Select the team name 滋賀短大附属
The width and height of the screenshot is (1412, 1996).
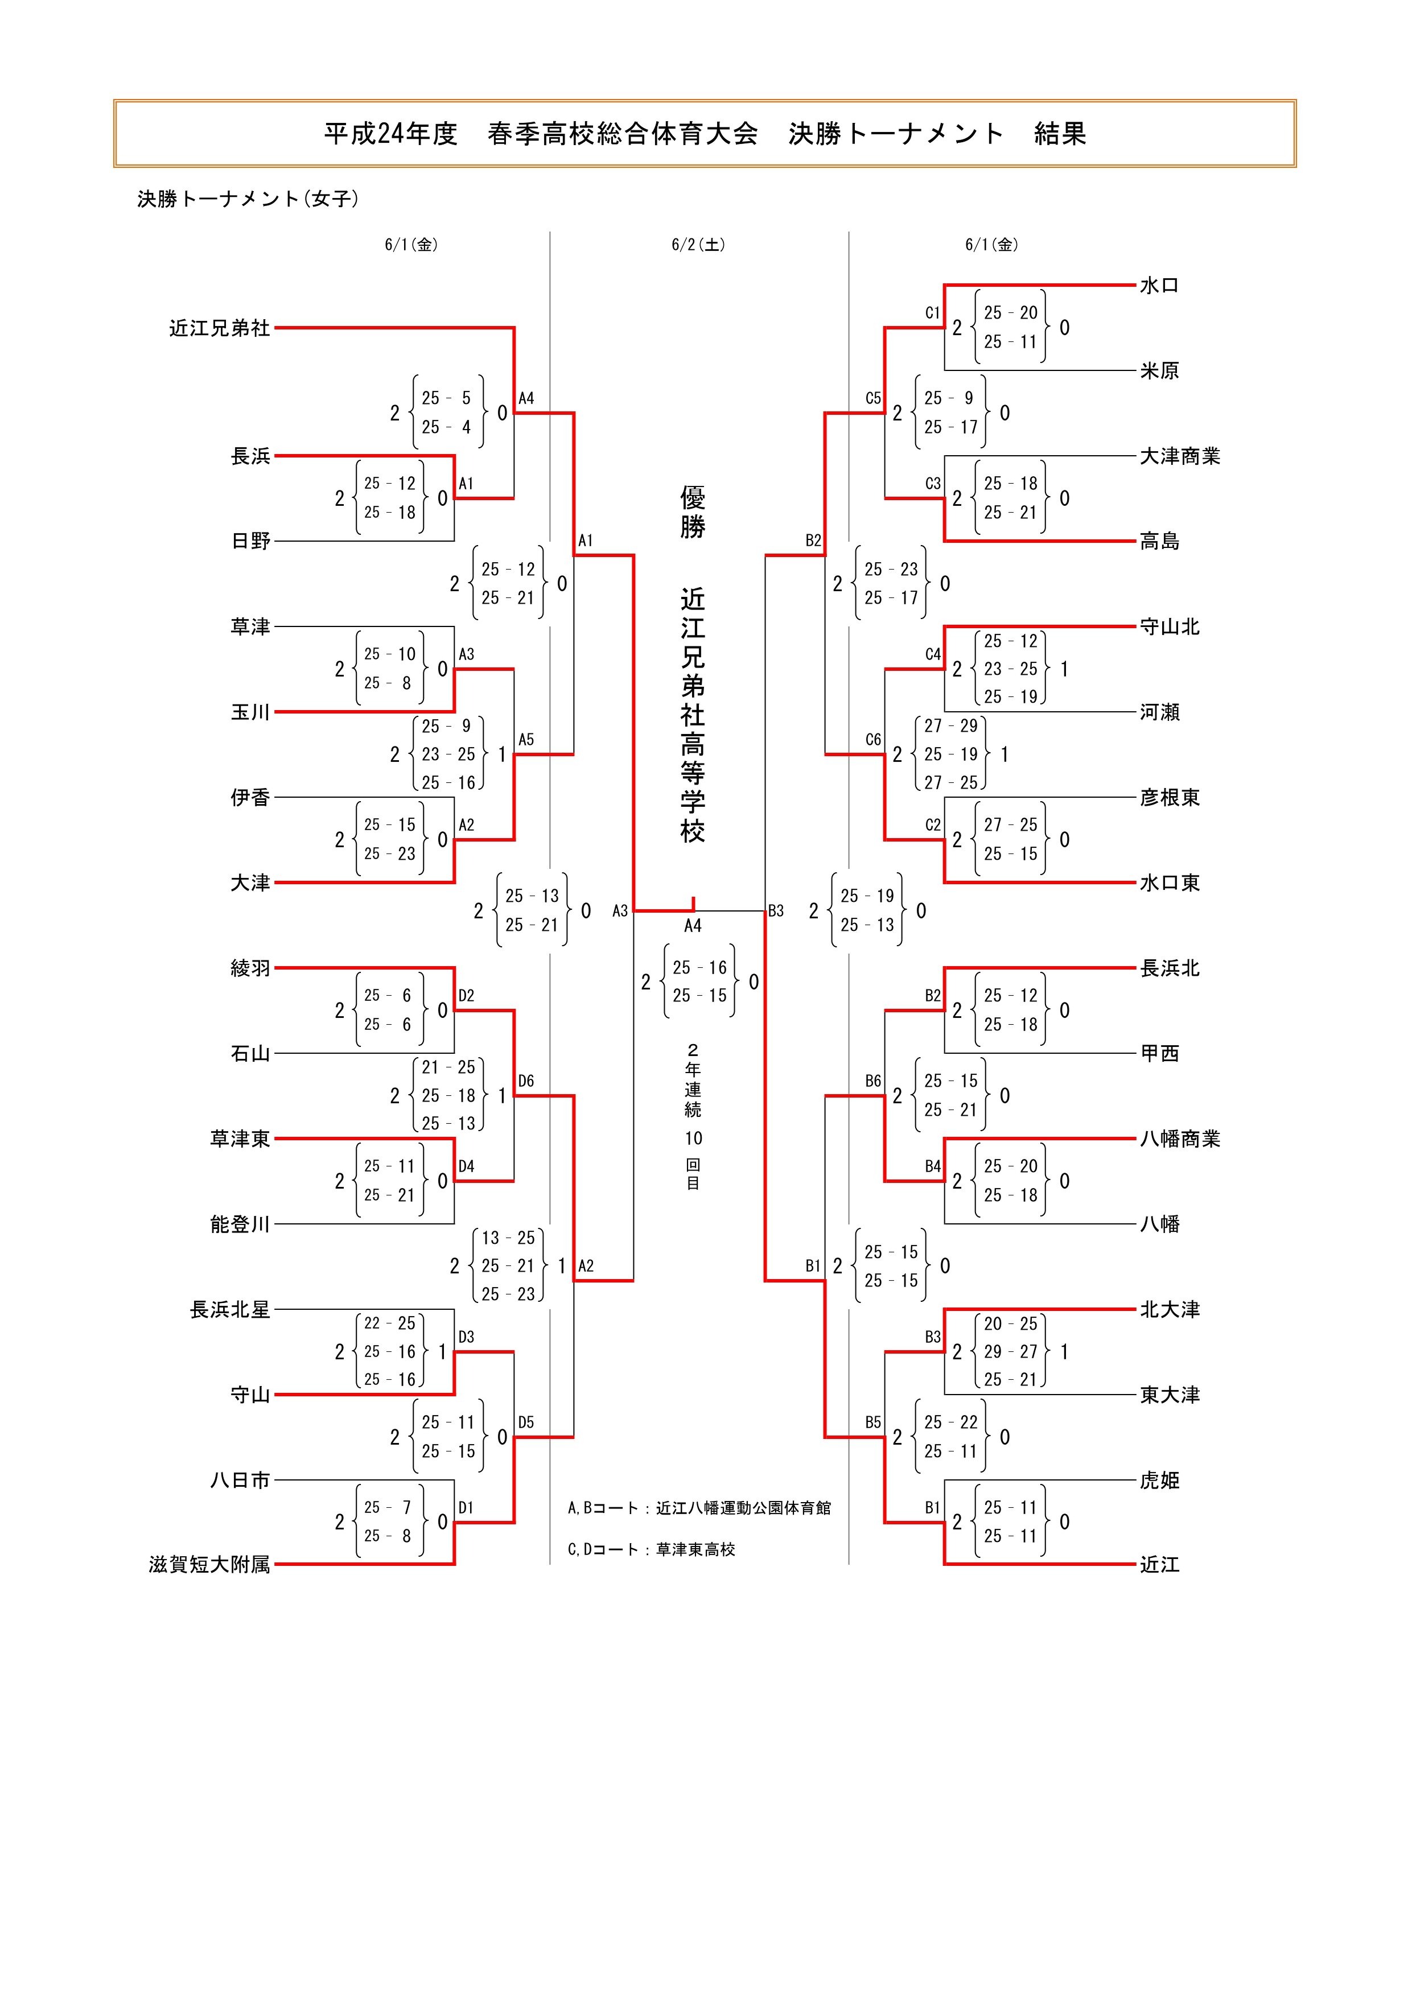(209, 1565)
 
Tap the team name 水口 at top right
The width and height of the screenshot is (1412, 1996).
(1159, 285)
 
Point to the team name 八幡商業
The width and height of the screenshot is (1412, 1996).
(1180, 1139)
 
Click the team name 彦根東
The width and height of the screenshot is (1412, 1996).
(1170, 797)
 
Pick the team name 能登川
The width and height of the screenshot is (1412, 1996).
(240, 1224)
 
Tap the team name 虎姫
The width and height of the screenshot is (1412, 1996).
(1159, 1479)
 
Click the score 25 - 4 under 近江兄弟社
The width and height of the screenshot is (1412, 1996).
(447, 427)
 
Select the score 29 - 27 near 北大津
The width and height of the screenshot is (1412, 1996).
(1010, 1352)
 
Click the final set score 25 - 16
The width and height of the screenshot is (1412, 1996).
(699, 968)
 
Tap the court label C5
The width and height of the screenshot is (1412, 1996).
(873, 398)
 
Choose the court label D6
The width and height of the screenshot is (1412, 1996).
(526, 1081)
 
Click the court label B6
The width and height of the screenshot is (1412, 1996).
(873, 1081)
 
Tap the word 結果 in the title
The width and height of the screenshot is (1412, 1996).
(1060, 134)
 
